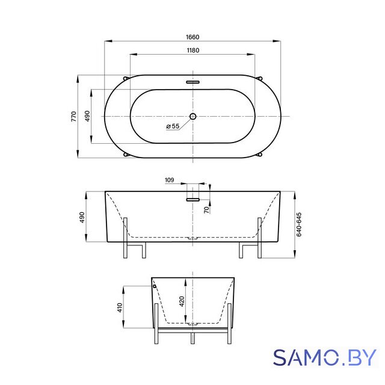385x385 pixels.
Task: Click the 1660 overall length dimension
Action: (x=192, y=37)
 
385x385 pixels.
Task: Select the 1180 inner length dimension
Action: (x=193, y=51)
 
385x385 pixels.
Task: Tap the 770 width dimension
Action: (x=73, y=116)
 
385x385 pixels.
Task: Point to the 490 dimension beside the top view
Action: (x=87, y=116)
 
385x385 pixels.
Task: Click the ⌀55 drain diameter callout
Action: (x=173, y=126)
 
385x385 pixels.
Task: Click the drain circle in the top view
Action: (x=192, y=116)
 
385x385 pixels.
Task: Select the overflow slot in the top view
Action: (x=192, y=82)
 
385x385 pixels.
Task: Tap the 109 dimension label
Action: (x=169, y=180)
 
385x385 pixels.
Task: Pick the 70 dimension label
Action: (x=207, y=210)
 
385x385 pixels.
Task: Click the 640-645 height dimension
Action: (x=299, y=224)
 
